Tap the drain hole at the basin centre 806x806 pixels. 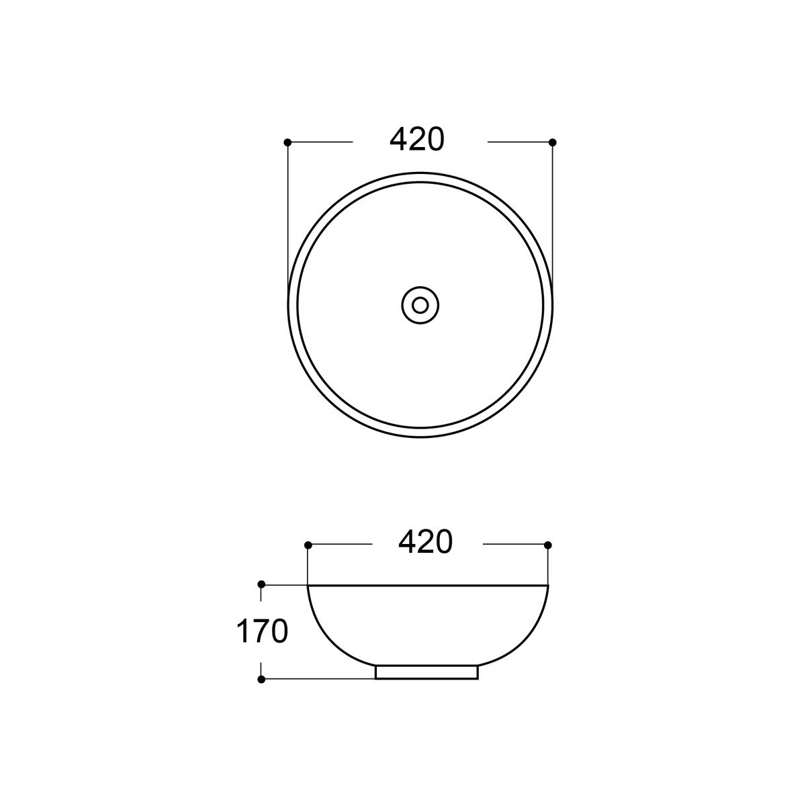420,305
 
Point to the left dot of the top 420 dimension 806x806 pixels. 287,142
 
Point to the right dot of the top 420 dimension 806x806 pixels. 552,142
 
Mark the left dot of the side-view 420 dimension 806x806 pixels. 308,545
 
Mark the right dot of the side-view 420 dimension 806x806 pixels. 548,545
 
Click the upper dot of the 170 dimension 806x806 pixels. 261,584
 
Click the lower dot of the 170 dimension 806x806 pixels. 261,679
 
